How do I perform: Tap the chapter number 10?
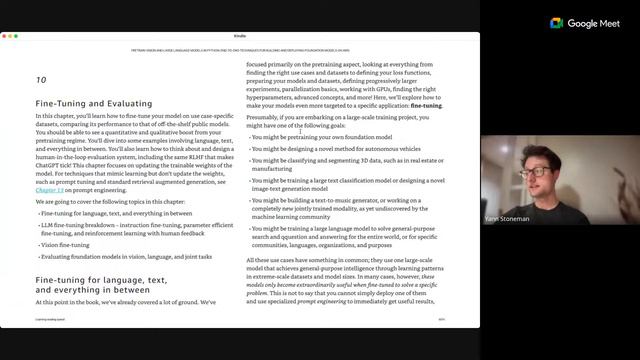pos(41,79)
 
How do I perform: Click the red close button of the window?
pos(5,36)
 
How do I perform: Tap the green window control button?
pos(16,36)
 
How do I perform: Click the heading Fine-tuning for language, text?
pos(100,281)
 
